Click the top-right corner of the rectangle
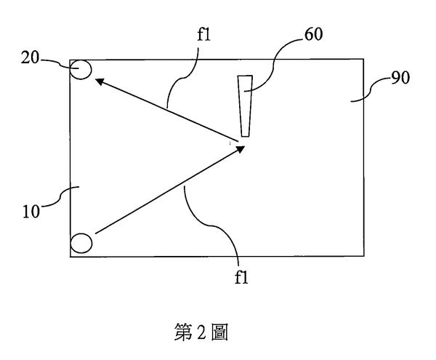pos(364,59)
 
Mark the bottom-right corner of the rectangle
pos(364,256)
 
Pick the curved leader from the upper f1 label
pos(185,76)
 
